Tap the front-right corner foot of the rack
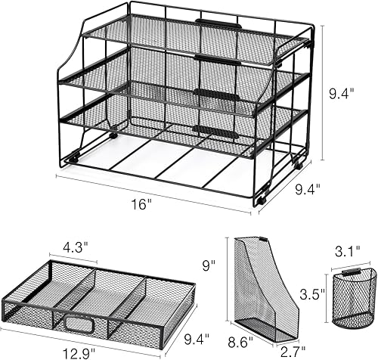coord(260,200)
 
